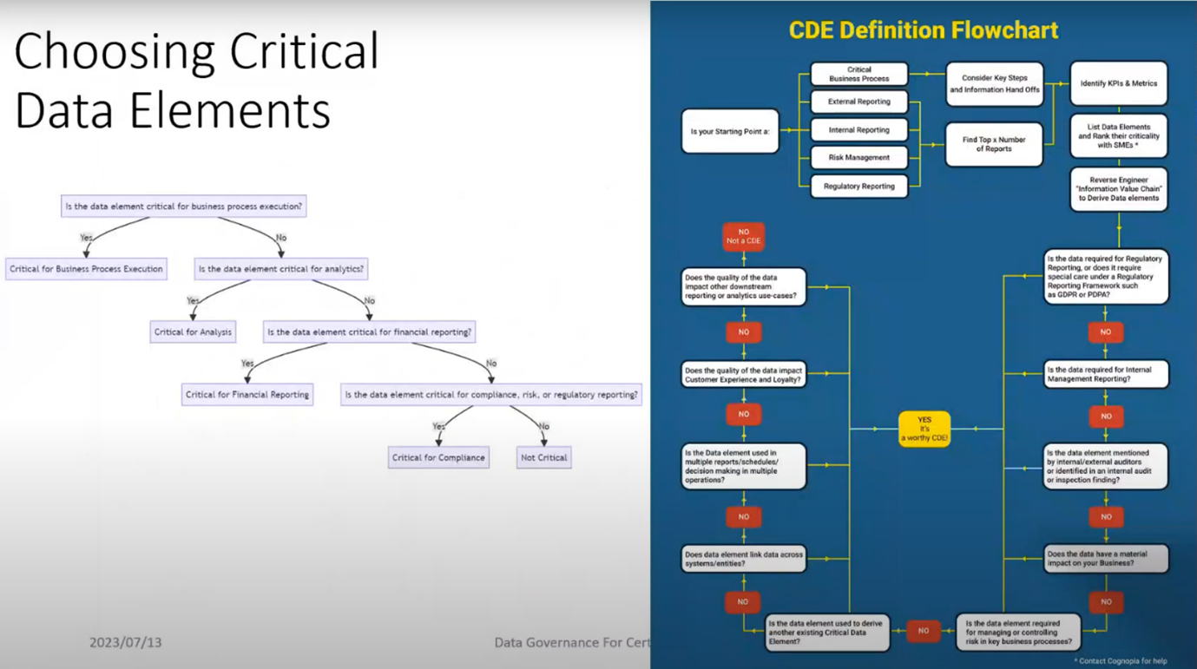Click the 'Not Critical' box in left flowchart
coord(543,457)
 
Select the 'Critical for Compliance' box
coord(438,457)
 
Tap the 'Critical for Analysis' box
coord(193,331)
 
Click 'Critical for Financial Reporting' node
coord(247,394)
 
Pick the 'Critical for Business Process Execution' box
coord(86,269)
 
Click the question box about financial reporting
coord(369,331)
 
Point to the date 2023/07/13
coord(125,643)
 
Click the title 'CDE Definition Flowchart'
coord(923,30)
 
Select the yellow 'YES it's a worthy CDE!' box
coord(924,429)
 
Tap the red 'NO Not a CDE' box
coord(743,236)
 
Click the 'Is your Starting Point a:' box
coord(730,132)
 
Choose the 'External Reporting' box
coord(858,102)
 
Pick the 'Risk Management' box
coord(858,158)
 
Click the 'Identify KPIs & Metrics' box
coord(1118,83)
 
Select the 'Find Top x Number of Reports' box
coord(994,144)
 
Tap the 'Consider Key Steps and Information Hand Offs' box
coord(994,83)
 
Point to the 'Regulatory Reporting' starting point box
coord(858,186)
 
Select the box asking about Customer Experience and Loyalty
coord(743,375)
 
